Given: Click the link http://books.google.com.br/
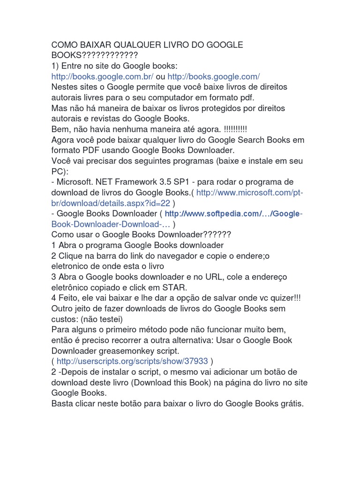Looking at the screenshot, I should (x=102, y=76).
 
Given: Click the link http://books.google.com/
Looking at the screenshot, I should (x=213, y=76).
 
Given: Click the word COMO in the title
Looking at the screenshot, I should (x=64, y=45).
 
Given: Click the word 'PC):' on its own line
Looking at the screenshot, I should (x=60, y=171).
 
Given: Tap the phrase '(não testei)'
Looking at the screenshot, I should (x=104, y=319).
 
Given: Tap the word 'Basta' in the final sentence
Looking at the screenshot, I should (x=62, y=403).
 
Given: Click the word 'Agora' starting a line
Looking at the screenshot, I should (x=63, y=140).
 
